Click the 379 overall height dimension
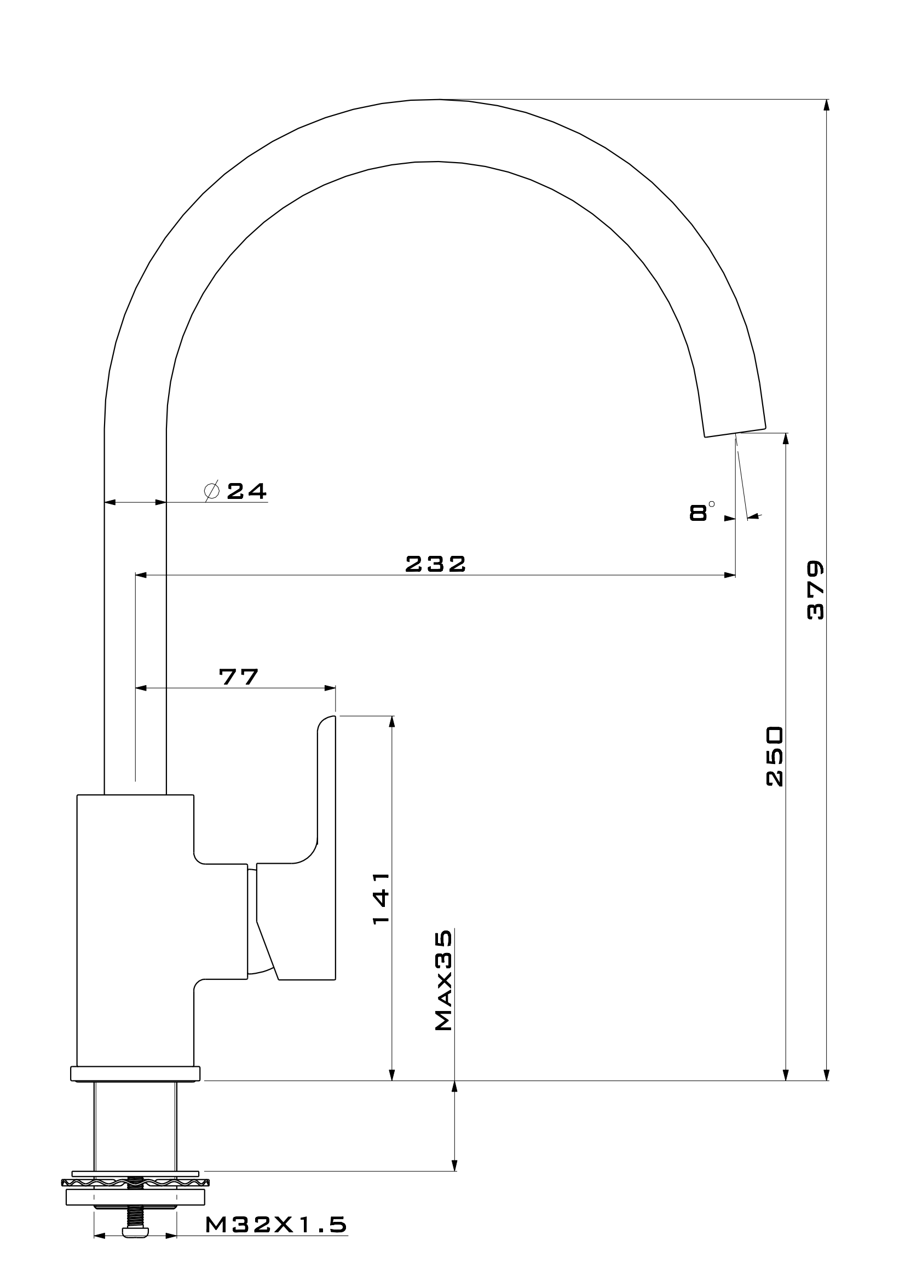click(x=815, y=590)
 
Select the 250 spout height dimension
click(x=775, y=756)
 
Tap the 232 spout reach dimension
click(x=435, y=564)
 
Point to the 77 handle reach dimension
click(x=239, y=677)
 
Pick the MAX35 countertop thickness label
click(x=444, y=980)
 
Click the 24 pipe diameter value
click(x=246, y=491)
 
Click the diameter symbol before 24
click(x=212, y=490)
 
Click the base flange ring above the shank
click(x=135, y=1073)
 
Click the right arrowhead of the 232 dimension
click(x=730, y=575)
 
